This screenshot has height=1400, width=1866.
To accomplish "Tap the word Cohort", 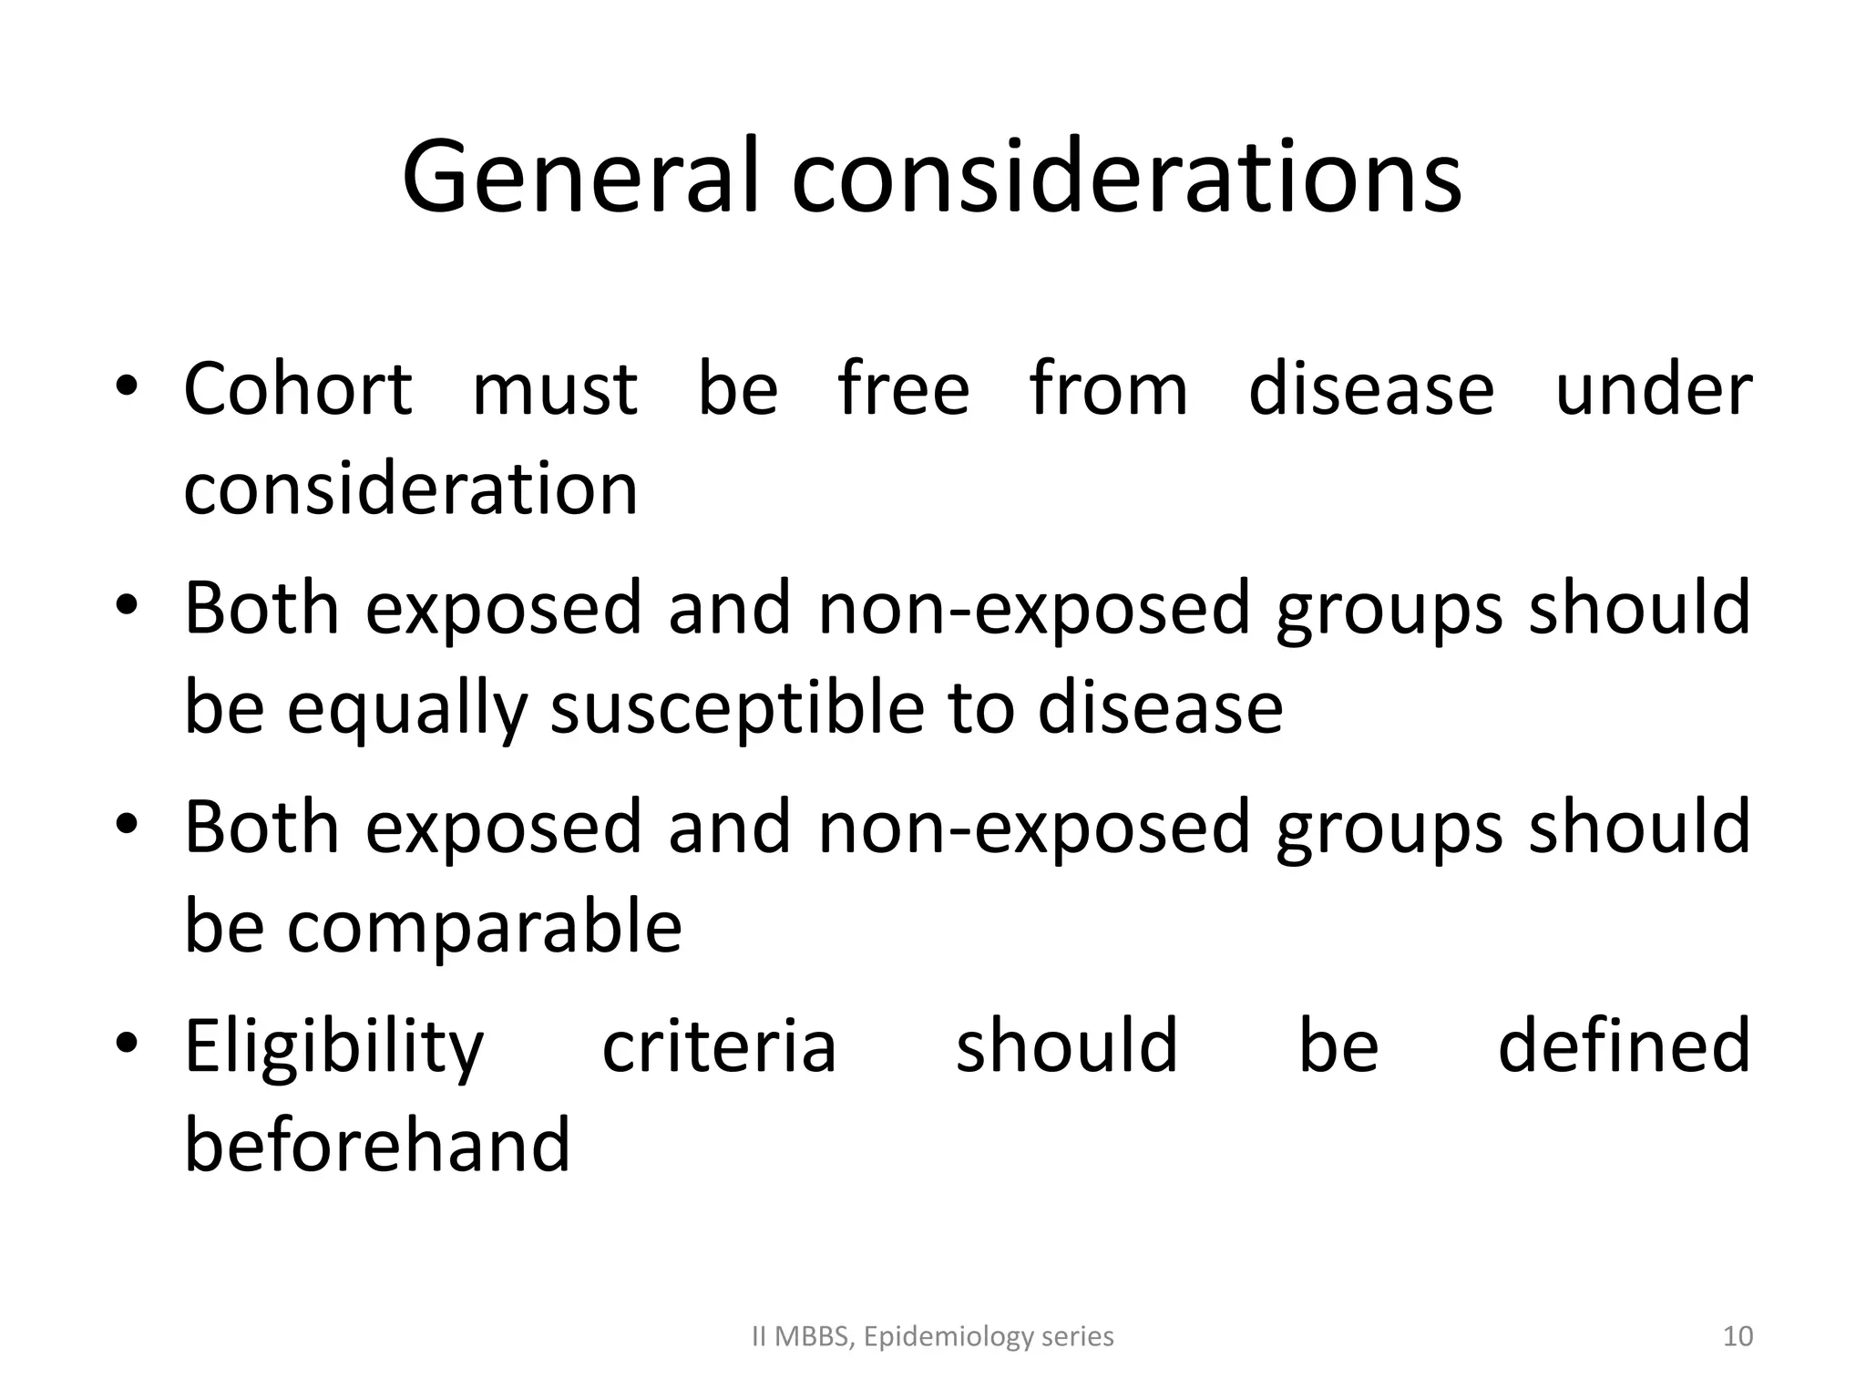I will tap(298, 389).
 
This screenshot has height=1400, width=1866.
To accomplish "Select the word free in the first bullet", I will tap(903, 389).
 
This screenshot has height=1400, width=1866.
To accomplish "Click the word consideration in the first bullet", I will tap(411, 489).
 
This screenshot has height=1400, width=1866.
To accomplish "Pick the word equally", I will tap(406, 709).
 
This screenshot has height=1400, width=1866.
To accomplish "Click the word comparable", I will tap(484, 928).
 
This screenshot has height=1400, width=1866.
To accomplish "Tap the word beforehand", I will tap(377, 1146).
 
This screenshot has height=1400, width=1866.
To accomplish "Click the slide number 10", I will tap(1738, 1337).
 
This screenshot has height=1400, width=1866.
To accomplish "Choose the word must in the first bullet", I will tap(555, 389).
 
